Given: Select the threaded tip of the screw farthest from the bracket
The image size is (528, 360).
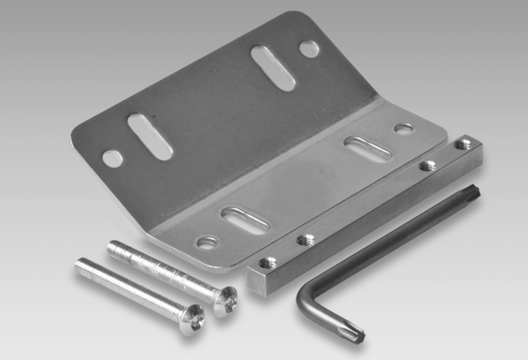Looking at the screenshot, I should point(82,264).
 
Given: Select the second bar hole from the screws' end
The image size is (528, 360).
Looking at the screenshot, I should point(306,238).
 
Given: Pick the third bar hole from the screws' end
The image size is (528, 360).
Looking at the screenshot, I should point(427,165).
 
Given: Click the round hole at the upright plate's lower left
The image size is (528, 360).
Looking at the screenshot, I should point(112,159).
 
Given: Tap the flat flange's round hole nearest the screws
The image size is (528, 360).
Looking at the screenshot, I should point(207,241).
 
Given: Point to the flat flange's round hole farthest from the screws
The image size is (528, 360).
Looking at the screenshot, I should point(404,129).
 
